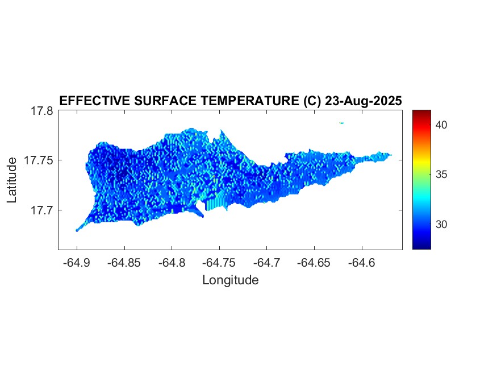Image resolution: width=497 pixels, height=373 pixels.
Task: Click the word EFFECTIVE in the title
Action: coord(94,101)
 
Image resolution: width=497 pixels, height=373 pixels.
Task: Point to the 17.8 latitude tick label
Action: coord(42,111)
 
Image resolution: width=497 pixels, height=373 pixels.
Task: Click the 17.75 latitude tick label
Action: coord(39,160)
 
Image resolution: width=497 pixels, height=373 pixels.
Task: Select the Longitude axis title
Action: coord(230,280)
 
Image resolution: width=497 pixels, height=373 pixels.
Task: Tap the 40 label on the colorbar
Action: coord(442,125)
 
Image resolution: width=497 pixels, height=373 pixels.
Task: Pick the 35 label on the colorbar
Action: coord(442,175)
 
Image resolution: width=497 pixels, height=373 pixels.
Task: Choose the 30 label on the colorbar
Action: coord(442,225)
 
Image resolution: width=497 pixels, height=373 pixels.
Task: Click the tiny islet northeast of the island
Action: coord(342,123)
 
